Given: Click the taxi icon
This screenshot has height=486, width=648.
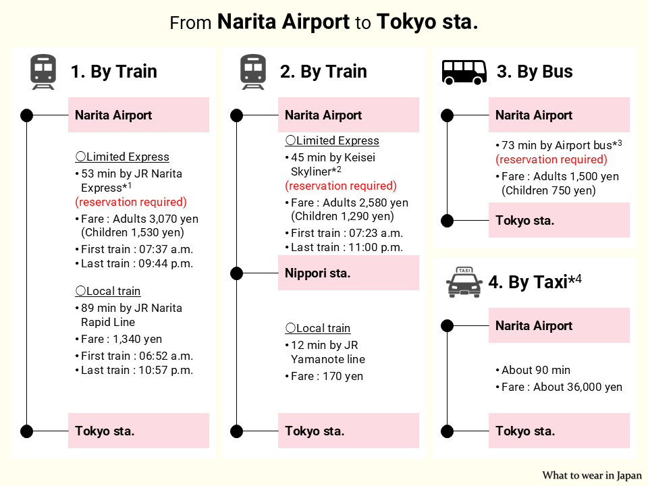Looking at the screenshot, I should tap(464, 282).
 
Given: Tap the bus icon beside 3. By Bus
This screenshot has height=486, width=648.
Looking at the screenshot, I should tap(464, 72).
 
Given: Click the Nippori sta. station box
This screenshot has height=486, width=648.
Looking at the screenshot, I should tap(348, 273).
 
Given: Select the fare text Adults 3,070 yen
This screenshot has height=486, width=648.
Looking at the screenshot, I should tap(155, 219).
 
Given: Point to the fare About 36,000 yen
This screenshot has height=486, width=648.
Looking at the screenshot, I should tap(578, 387).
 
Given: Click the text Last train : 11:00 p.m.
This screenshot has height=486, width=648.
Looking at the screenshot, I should tap(347, 247).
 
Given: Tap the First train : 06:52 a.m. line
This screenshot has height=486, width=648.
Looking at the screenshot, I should tap(137, 356).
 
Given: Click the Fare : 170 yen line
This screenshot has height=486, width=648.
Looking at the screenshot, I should tap(327, 376).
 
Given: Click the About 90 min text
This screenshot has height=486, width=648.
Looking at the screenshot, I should tap(536, 370).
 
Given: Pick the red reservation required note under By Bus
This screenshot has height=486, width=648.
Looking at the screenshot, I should tap(551, 159).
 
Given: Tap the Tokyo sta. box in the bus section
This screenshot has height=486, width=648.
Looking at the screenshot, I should tap(559, 221).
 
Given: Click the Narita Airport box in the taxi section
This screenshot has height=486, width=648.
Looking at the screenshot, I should tap(559, 326).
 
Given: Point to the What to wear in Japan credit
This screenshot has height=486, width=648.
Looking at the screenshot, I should tap(592, 475).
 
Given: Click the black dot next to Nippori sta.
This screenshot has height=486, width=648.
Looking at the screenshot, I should tap(236, 273).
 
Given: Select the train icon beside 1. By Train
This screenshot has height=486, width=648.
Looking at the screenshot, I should tap(43, 72).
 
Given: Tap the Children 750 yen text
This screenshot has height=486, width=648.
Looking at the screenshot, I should tap(549, 190).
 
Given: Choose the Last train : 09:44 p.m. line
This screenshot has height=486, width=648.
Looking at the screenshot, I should tap(137, 263).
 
